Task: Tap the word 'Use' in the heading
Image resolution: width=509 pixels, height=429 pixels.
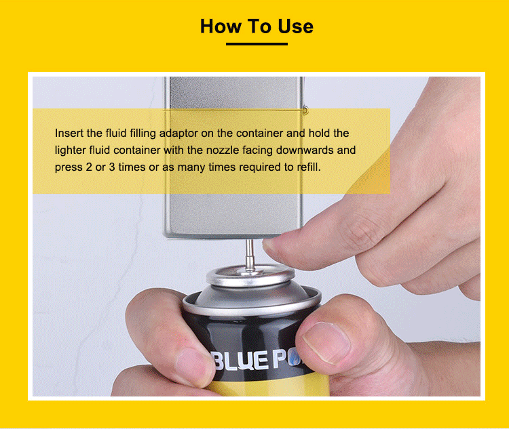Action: (296, 26)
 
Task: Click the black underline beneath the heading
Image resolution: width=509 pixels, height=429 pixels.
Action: (257, 44)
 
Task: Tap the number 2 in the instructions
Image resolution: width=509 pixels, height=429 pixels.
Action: (89, 167)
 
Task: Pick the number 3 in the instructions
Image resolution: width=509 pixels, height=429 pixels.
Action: (112, 167)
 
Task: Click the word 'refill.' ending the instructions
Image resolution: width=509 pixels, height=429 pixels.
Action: (309, 167)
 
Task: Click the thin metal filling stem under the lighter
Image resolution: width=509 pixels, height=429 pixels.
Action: (250, 256)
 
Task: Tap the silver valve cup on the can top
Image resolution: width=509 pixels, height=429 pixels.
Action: (250, 275)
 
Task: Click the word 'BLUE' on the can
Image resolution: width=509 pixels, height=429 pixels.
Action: (240, 361)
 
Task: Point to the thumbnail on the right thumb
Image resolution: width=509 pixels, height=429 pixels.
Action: (326, 343)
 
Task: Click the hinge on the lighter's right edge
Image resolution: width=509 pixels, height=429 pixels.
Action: (305, 110)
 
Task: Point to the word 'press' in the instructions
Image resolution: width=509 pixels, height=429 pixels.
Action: (67, 167)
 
